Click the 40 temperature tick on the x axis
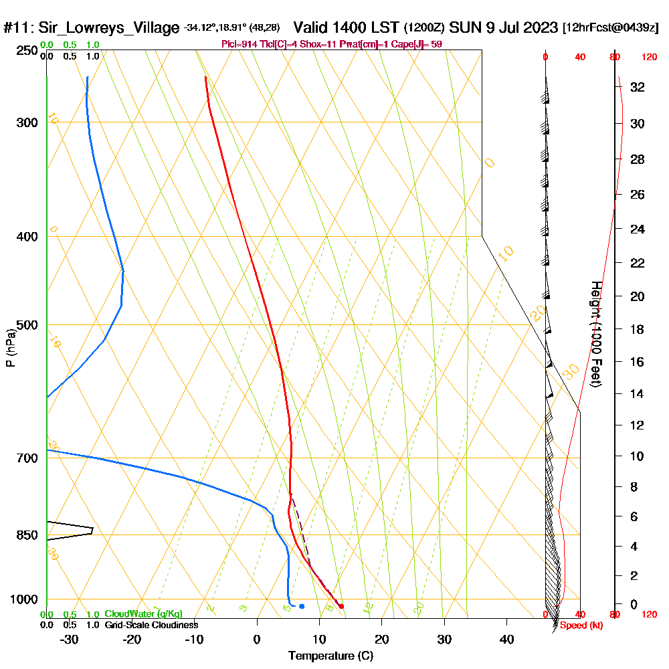pyautogui.click(x=506, y=639)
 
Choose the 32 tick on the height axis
pyautogui.click(x=637, y=86)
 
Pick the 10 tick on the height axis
pyautogui.click(x=637, y=456)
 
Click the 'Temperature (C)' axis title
pyautogui.click(x=330, y=656)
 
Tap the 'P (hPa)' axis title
pyautogui.click(x=10, y=347)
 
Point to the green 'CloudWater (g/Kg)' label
pyautogui.click(x=143, y=614)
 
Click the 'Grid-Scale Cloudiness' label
pyautogui.click(x=151, y=625)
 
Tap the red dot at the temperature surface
pyautogui.click(x=342, y=606)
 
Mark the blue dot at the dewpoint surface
pyautogui.click(x=302, y=606)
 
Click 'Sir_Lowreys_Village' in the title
pyautogui.click(x=108, y=28)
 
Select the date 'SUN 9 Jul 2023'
pyautogui.click(x=504, y=27)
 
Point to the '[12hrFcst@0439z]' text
pyautogui.click(x=611, y=28)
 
